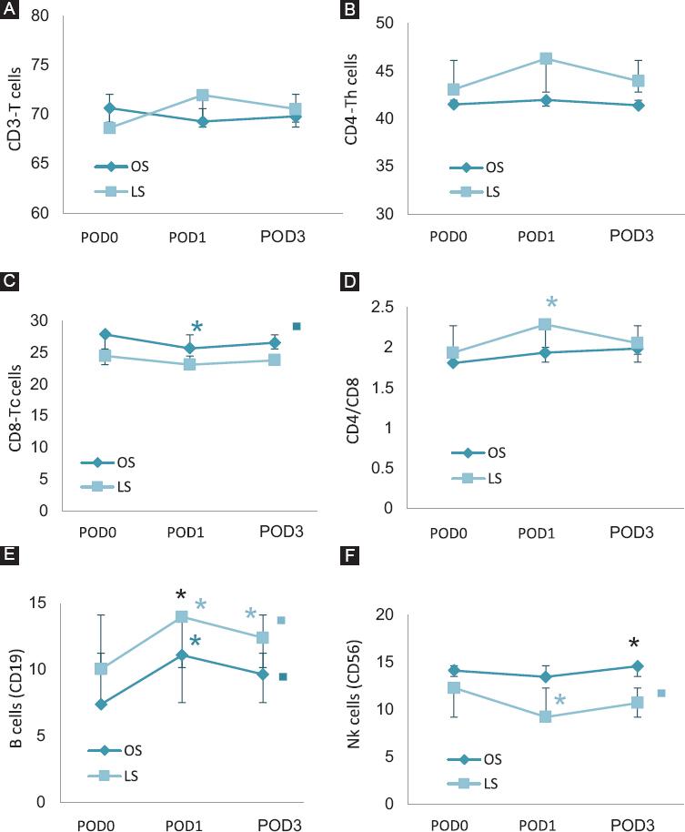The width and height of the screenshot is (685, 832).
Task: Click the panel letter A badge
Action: pyautogui.click(x=9, y=10)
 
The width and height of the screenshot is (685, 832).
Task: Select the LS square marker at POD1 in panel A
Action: pyautogui.click(x=203, y=95)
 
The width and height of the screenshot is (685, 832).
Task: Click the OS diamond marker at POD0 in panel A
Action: pyautogui.click(x=110, y=107)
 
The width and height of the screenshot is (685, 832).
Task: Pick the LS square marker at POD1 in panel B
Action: pyautogui.click(x=546, y=58)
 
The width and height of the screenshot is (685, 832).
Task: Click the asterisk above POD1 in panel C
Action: pyautogui.click(x=196, y=328)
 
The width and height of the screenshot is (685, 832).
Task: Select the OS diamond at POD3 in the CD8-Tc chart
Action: pyautogui.click(x=274, y=343)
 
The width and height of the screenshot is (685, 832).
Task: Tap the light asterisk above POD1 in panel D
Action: pyautogui.click(x=550, y=302)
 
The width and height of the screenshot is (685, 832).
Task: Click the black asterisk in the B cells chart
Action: pyautogui.click(x=181, y=596)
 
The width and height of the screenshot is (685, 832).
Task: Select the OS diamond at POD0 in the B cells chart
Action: pyautogui.click(x=101, y=704)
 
